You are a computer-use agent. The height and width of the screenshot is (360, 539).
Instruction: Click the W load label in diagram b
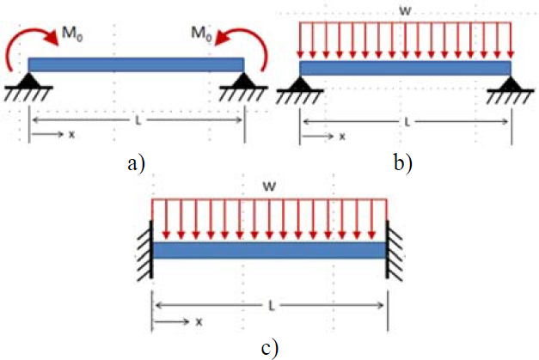click(x=404, y=11)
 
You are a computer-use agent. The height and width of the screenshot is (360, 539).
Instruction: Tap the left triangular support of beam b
click(x=299, y=84)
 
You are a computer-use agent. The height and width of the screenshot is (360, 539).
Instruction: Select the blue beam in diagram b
click(x=405, y=68)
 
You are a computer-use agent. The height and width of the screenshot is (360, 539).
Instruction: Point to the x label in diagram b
click(x=341, y=137)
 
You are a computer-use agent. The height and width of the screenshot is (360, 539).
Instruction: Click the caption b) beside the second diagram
click(x=404, y=162)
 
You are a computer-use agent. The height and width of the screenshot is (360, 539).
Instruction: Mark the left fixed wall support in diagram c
click(x=148, y=249)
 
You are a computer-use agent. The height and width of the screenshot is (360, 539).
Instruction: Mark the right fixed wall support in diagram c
click(x=392, y=249)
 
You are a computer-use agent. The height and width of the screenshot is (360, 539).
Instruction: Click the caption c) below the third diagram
click(x=270, y=347)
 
